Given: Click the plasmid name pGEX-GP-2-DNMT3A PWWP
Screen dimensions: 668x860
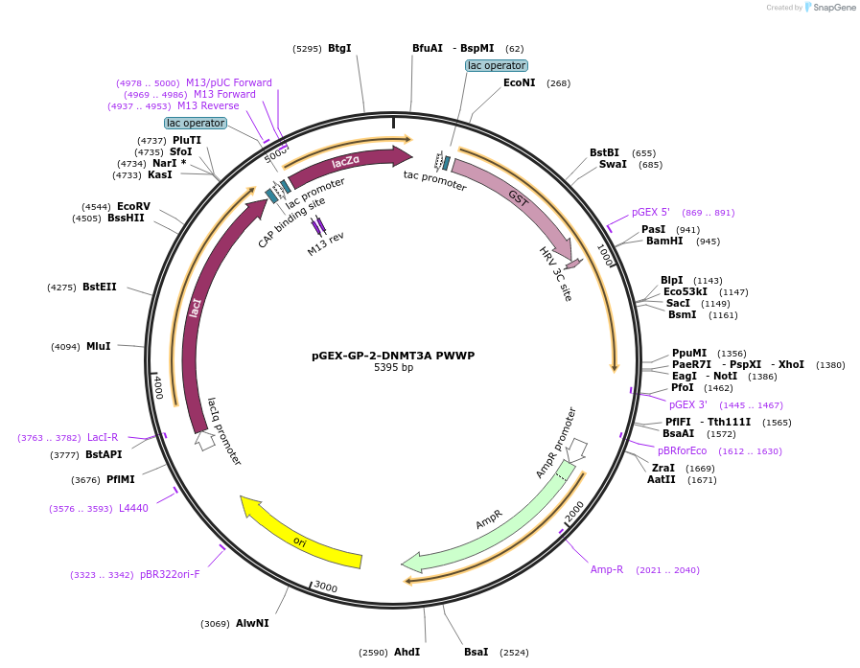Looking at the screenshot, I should coord(393,356).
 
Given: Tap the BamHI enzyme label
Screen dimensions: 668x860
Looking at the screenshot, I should coord(664,241).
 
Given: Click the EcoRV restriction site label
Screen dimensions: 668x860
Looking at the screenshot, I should coord(133,206).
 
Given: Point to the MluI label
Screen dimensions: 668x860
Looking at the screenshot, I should coord(99,346).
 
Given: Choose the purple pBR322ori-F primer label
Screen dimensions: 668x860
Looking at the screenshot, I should coord(170,574).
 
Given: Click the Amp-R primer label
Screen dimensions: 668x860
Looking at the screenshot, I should coord(607,569).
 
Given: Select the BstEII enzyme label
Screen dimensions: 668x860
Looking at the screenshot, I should coord(100,287).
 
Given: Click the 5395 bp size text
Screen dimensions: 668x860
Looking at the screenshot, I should coord(393,368).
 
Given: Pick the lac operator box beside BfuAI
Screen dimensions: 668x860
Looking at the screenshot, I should coord(497,65).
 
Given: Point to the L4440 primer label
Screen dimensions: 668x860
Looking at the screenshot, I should coord(133,508).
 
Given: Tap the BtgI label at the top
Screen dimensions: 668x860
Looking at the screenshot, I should coord(339,47).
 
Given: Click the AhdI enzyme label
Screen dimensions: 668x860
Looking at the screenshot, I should coord(407,652).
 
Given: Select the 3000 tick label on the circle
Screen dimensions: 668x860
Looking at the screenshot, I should coord(326,587).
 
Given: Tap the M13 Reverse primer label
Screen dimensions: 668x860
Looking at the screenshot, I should coord(208,106).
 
